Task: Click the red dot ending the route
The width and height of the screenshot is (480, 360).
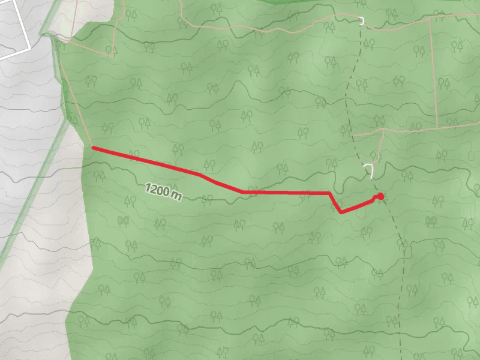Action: coord(380,196)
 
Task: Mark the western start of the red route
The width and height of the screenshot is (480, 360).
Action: coord(92,147)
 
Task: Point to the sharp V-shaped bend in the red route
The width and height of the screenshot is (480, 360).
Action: coord(341,212)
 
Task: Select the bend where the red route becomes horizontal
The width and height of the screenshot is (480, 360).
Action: coord(242,191)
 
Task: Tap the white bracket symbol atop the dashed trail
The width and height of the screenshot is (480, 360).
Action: coord(362,22)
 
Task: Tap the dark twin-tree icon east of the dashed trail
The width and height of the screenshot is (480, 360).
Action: coord(430,221)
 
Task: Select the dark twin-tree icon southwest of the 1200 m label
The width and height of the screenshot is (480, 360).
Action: coord(124,221)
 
